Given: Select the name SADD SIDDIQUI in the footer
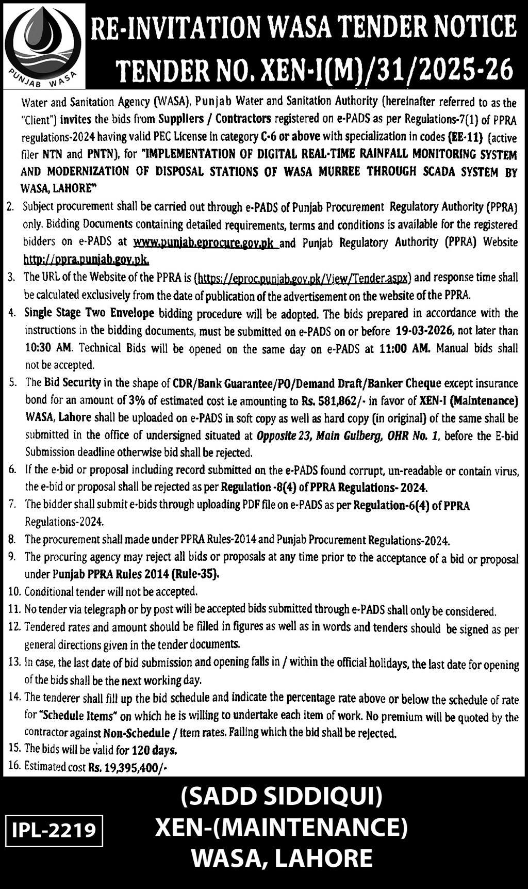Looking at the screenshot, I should tap(282, 797).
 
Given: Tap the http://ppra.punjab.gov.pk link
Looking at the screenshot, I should tap(86, 259).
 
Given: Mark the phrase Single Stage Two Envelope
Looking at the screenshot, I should tap(89, 313).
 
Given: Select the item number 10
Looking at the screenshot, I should tap(14, 591).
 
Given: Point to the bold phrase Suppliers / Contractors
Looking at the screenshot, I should tap(214, 119).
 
